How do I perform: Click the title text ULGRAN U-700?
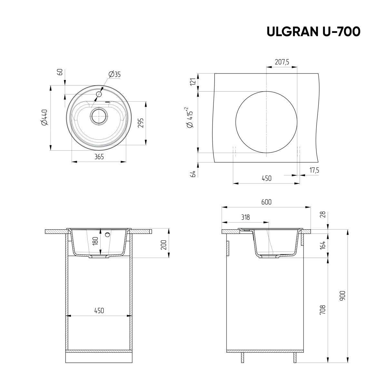click(x=313, y=31)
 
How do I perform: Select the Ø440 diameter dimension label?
click(x=44, y=118)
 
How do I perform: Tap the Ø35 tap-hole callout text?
click(x=114, y=74)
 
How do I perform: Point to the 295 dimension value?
click(x=141, y=123)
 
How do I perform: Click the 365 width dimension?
click(x=99, y=157)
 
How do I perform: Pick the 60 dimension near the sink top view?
click(x=60, y=72)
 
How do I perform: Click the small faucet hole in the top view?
click(x=99, y=94)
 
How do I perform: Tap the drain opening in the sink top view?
click(x=99, y=116)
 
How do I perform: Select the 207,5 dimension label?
click(x=282, y=62)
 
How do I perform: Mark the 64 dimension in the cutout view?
click(x=193, y=174)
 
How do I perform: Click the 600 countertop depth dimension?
click(x=266, y=202)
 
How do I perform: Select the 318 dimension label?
click(x=245, y=217)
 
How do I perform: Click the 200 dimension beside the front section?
click(x=164, y=245)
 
